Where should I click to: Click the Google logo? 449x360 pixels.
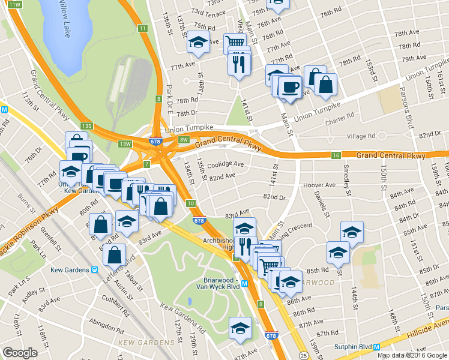pos(19,353)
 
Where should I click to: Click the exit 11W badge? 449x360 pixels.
pos(16,5)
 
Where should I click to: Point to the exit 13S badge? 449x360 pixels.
pos(87,125)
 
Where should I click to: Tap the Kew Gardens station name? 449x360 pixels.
pos(65,270)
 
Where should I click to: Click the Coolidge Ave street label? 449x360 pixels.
pos(226,164)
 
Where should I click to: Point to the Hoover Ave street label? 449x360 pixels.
pos(319,185)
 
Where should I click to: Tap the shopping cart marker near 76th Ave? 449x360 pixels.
pos(235,43)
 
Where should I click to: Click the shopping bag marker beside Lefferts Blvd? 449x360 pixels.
pos(114,254)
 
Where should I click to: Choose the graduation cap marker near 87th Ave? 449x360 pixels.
pos(241,328)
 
